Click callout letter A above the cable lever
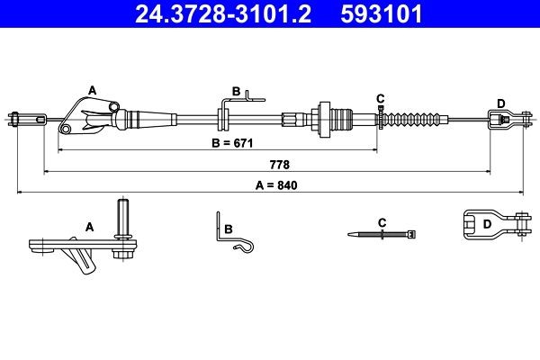click(91, 89)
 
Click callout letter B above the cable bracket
click(236, 91)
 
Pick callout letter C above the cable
click(381, 97)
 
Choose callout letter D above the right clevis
click(500, 101)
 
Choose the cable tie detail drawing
click(382, 234)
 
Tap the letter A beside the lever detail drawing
click(89, 228)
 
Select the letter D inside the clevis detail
click(487, 223)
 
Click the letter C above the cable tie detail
click(382, 221)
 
